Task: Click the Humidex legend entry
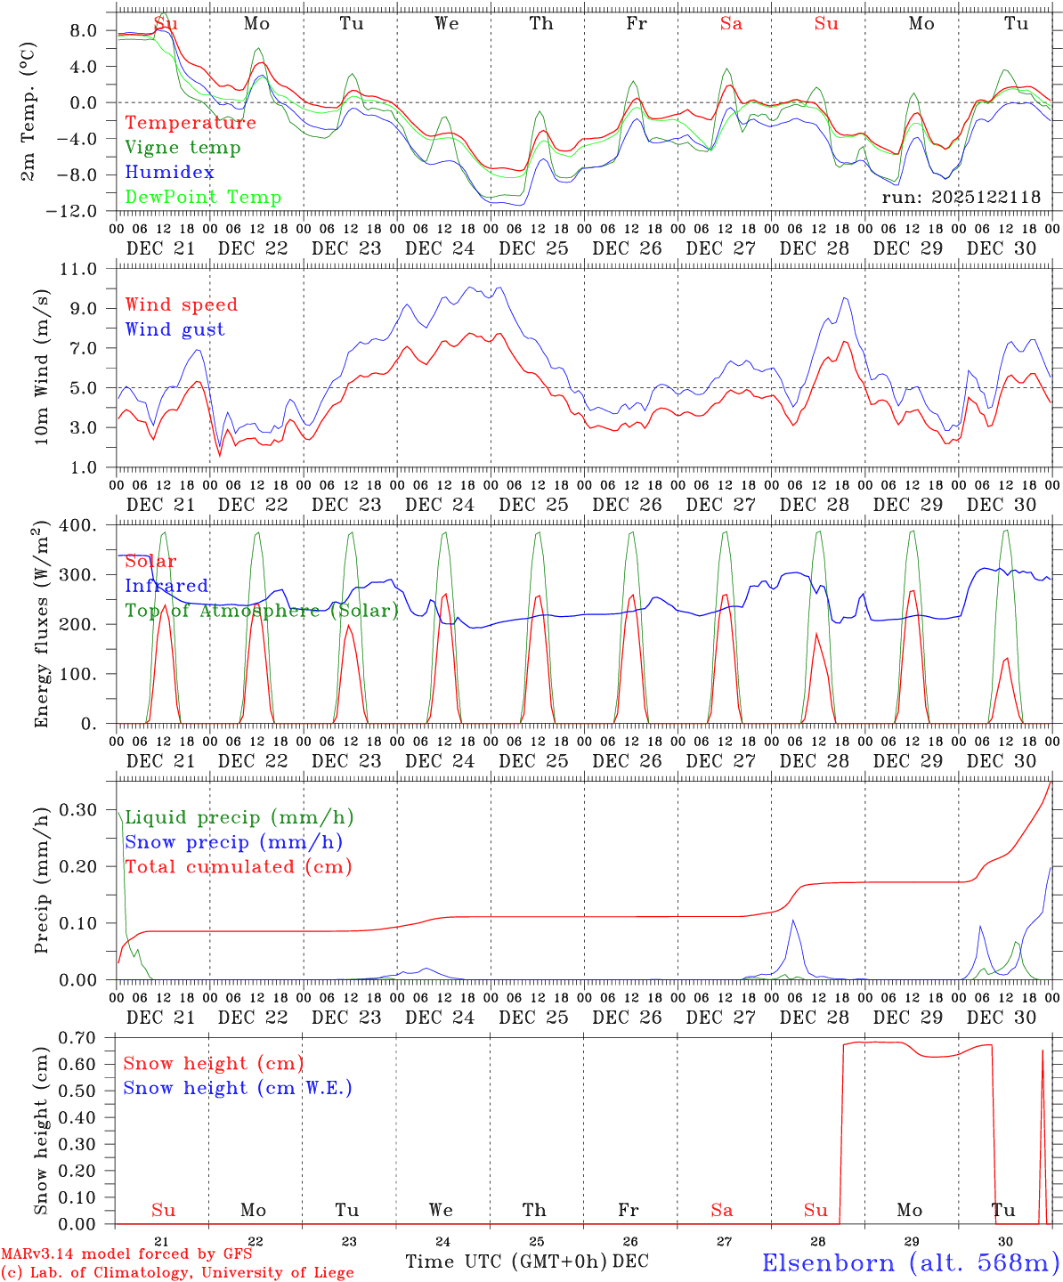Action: coord(169,173)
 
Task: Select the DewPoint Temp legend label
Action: coord(203,198)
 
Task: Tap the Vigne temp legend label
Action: coord(183,148)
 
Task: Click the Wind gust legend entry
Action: coord(174,329)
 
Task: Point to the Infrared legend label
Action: coord(166,586)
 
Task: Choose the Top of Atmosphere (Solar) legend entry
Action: coord(262,611)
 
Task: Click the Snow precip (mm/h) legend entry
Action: coord(233,842)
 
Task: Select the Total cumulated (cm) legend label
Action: coord(238,867)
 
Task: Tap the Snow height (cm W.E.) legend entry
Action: coord(237,1088)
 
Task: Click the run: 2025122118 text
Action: coord(961,198)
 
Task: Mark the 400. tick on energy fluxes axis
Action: coord(79,525)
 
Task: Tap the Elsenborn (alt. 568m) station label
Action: coord(910,1262)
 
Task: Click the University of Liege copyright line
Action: coord(177,1272)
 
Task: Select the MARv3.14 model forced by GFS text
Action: coord(126,1254)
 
